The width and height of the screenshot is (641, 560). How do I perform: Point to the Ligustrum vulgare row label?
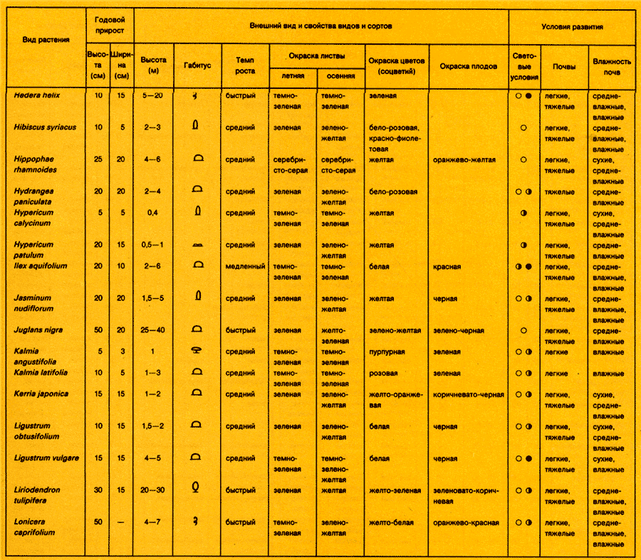point(46,458)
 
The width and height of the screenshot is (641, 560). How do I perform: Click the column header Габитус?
point(197,63)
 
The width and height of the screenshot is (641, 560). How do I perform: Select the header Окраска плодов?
point(468,66)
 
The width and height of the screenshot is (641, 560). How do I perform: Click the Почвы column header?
point(563,66)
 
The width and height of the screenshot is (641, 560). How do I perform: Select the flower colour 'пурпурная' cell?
point(387,352)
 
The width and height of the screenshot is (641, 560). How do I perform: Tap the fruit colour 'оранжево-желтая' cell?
point(464,159)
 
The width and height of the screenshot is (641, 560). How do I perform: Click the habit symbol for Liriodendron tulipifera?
point(196,488)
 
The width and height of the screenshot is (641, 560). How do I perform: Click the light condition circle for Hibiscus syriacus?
point(523,127)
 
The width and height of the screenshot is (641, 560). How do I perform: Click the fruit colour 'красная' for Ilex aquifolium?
point(447,267)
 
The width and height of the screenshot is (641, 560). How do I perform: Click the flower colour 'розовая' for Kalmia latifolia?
point(384,372)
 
